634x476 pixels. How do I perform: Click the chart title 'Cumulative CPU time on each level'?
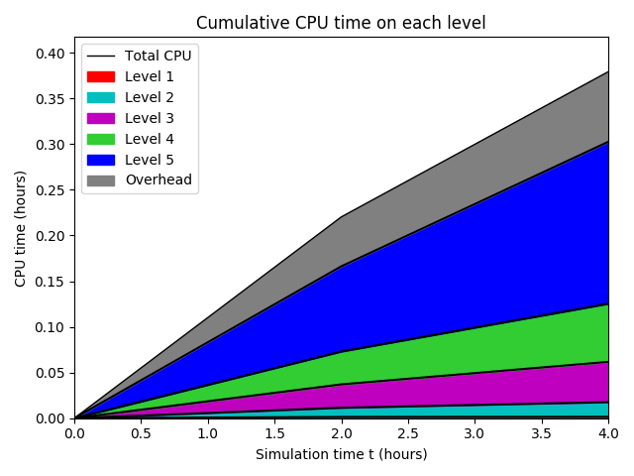click(x=341, y=23)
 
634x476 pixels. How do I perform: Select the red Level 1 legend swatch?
click(x=101, y=76)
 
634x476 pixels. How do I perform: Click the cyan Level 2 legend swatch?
click(x=101, y=97)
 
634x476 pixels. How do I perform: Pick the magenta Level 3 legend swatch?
click(x=101, y=118)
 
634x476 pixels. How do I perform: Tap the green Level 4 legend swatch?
click(x=101, y=139)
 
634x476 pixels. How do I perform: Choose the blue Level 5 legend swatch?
click(x=101, y=160)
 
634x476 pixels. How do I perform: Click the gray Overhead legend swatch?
click(x=101, y=180)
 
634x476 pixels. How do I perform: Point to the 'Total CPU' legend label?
click(x=158, y=56)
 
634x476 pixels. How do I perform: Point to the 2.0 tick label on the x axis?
click(x=341, y=433)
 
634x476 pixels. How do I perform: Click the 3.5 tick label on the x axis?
click(x=541, y=433)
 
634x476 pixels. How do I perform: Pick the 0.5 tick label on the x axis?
click(x=141, y=433)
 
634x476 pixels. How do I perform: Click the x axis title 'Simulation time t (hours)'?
click(x=341, y=454)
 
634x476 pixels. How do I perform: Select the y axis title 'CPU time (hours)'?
click(x=21, y=236)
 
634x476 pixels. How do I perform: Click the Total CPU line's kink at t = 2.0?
click(x=341, y=217)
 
